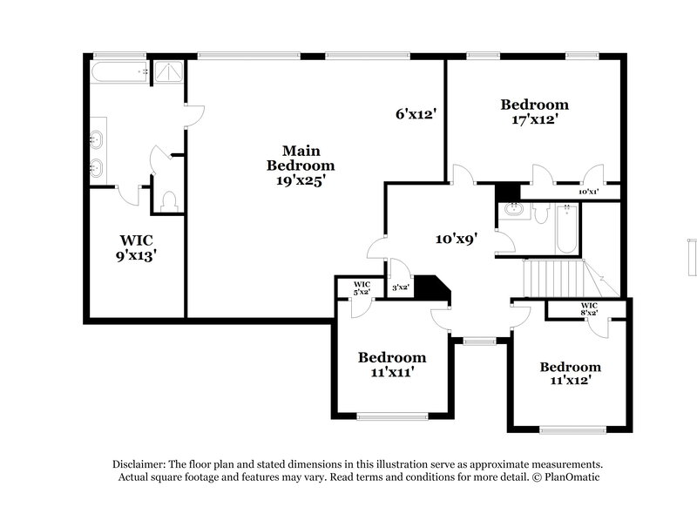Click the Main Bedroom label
(301, 158)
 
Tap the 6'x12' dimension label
(415, 113)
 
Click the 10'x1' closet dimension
(589, 192)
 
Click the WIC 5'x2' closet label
(362, 287)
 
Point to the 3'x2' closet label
(400, 287)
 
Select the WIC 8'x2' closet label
(589, 308)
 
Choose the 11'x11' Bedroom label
(392, 364)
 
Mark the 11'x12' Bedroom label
(570, 374)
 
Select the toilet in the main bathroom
(168, 200)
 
